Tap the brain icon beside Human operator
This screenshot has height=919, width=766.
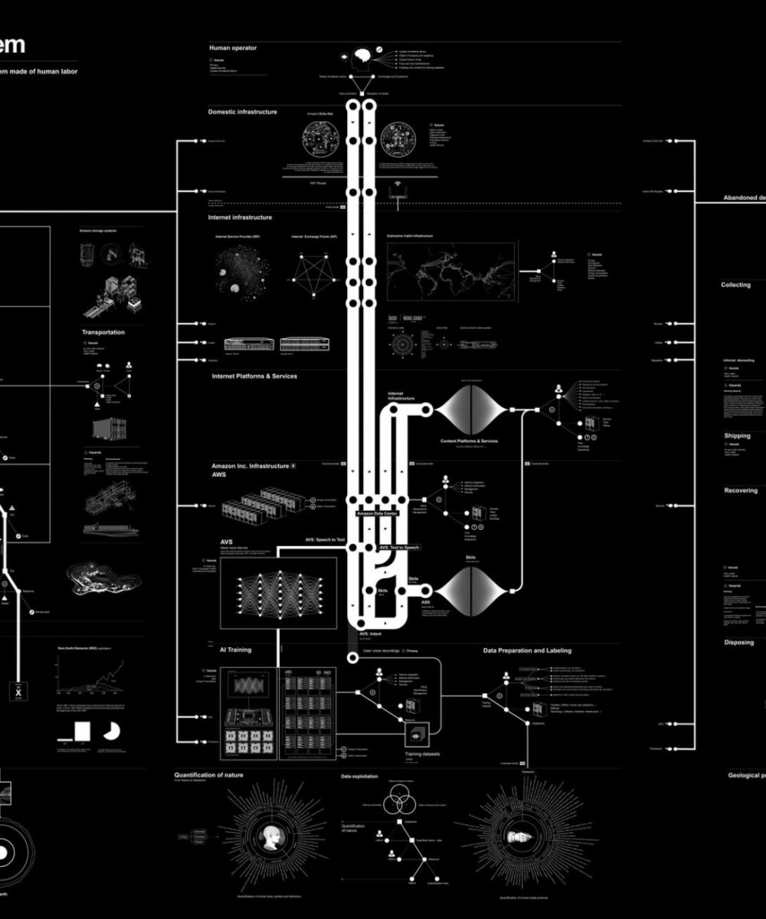tap(362, 56)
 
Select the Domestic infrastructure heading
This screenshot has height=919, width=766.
tap(242, 112)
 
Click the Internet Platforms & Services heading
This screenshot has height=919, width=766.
tap(254, 376)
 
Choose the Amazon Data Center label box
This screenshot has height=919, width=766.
tap(377, 513)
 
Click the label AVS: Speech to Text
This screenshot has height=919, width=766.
tap(326, 540)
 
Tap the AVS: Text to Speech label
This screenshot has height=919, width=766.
tap(400, 548)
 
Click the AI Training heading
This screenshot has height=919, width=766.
tap(235, 649)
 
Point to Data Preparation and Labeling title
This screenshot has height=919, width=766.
tap(527, 650)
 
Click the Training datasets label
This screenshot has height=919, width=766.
tap(423, 754)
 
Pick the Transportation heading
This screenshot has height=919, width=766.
tap(103, 332)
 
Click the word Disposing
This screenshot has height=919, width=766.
tap(739, 643)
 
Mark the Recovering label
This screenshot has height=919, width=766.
tap(741, 490)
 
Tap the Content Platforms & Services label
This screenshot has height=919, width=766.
tap(470, 442)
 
